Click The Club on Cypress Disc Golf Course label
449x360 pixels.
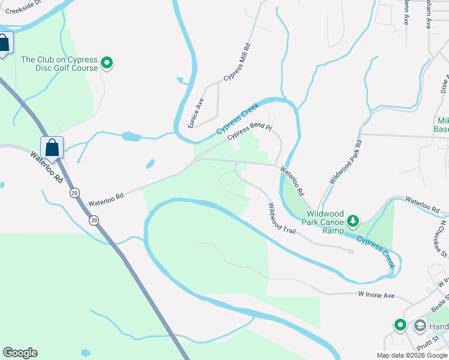click(59, 64)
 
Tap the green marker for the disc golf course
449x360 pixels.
click(107, 62)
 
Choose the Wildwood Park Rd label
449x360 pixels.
click(346, 162)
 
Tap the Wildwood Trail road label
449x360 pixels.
click(282, 218)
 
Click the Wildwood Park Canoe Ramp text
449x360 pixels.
click(325, 222)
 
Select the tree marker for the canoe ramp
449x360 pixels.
click(354, 221)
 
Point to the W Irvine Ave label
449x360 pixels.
click(376, 296)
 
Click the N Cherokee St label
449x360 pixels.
click(442, 239)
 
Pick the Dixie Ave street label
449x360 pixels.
click(445, 83)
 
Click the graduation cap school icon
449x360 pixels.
click(420, 326)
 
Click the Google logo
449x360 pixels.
click(20, 353)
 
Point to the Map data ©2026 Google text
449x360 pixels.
click(412, 355)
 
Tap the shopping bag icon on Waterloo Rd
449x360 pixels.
click(52, 148)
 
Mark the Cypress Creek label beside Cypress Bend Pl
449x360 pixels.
click(238, 118)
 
